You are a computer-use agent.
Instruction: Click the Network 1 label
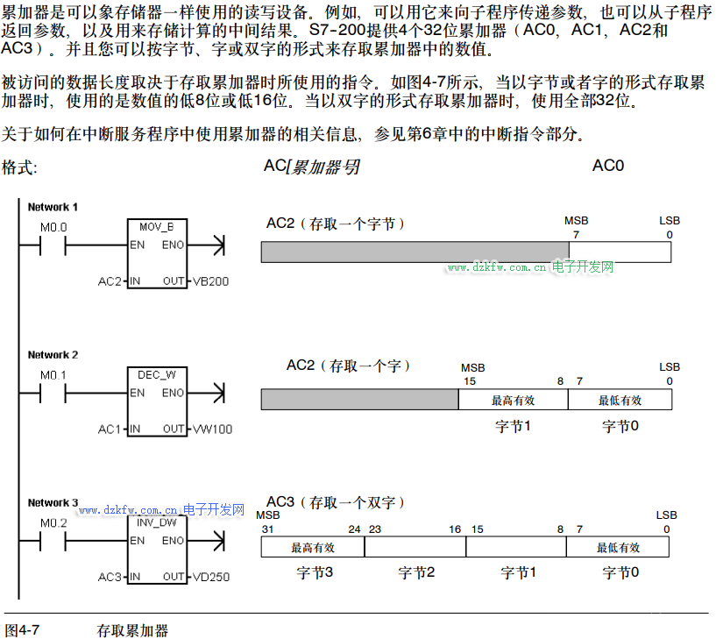pos(53,207)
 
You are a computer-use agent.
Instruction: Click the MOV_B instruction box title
pos(156,227)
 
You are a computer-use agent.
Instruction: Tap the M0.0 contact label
pos(53,227)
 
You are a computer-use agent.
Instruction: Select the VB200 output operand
pos(211,281)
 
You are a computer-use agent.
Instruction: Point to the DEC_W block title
pos(156,375)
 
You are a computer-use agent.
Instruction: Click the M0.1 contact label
pos(53,375)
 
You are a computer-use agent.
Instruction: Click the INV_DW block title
pos(157,522)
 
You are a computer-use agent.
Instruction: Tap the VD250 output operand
pos(211,577)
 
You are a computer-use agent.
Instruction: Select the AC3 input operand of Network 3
pos(110,577)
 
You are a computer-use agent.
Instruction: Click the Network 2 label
pos(53,355)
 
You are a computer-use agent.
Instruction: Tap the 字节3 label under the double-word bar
pos(314,572)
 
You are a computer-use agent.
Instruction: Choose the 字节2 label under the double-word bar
pos(416,572)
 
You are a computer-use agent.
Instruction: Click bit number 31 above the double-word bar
pos(267,529)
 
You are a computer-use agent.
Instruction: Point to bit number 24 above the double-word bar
pos(354,529)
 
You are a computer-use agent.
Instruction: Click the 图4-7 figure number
pos(23,630)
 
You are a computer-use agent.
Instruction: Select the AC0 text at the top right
pos(608,165)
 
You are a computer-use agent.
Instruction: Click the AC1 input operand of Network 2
pos(110,430)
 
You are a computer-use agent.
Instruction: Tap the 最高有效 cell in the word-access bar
pos(513,401)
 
